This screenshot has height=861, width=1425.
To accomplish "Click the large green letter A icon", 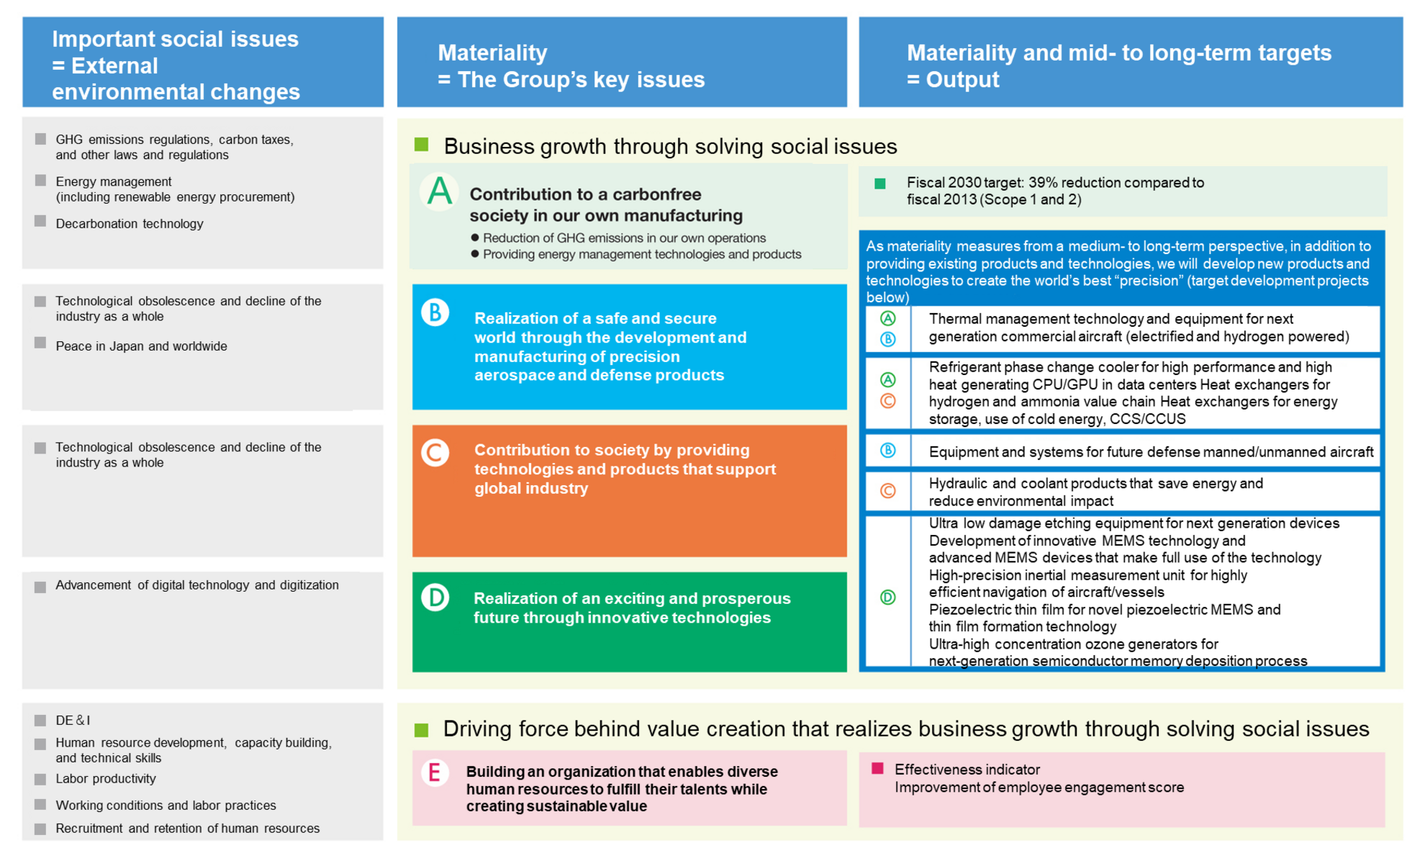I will pyautogui.click(x=440, y=191).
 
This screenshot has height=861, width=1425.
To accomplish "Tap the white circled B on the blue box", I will pyautogui.click(x=435, y=312).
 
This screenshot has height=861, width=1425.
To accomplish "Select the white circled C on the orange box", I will pyautogui.click(x=435, y=453).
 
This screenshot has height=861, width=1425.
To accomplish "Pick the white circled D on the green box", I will pyautogui.click(x=435, y=598).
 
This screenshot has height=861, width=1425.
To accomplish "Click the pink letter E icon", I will pyautogui.click(x=435, y=773).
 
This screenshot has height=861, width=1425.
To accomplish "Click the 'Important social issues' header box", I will pyautogui.click(x=202, y=63).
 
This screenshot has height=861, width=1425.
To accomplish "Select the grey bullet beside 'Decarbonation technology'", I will pyautogui.click(x=40, y=222).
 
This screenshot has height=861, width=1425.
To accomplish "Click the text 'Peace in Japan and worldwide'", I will pyautogui.click(x=141, y=346).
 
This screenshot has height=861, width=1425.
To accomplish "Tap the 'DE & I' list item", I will pyautogui.click(x=73, y=720).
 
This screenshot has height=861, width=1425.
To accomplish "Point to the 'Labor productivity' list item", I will pyautogui.click(x=106, y=779).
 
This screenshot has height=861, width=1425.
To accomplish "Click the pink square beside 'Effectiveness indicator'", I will pyautogui.click(x=877, y=769).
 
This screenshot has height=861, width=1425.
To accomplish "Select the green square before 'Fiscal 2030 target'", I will pyautogui.click(x=879, y=184).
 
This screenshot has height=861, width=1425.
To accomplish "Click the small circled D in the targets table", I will pyautogui.click(x=888, y=598).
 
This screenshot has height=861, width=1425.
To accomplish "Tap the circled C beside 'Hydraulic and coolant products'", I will pyautogui.click(x=888, y=491).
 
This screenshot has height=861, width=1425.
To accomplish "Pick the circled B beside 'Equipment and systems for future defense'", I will pyautogui.click(x=888, y=451).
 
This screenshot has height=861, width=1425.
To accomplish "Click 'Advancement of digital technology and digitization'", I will pyautogui.click(x=197, y=585).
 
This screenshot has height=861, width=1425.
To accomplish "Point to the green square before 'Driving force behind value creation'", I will pyautogui.click(x=422, y=730).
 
